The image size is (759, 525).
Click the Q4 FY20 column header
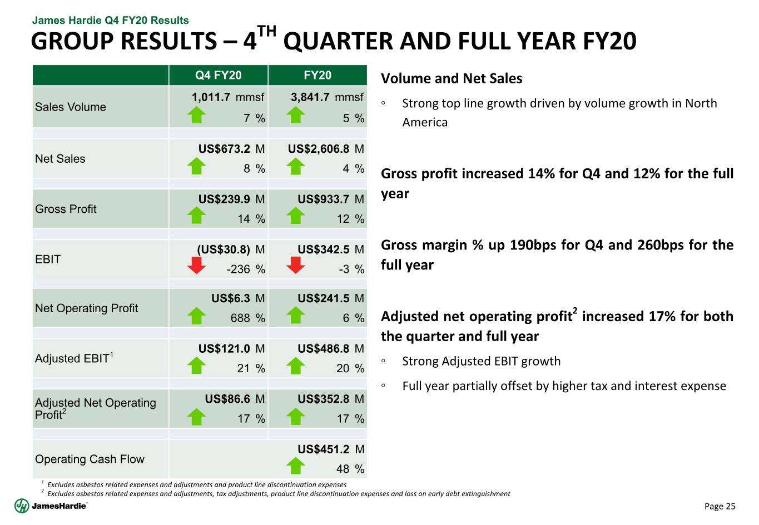[x=218, y=75]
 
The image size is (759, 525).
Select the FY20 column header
[x=318, y=75]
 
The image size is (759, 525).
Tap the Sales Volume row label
[x=71, y=107]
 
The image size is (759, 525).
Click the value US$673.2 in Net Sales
[x=224, y=149]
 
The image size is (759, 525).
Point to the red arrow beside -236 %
[x=197, y=266]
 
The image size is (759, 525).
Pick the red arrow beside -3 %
[x=296, y=266]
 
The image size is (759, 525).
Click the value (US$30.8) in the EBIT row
[x=224, y=249]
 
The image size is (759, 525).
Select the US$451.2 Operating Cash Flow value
[x=323, y=449]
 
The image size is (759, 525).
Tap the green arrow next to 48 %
[x=296, y=466]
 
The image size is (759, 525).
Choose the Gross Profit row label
[x=66, y=209]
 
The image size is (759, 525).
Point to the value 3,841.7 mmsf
[x=327, y=97]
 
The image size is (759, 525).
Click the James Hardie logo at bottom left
[x=51, y=506]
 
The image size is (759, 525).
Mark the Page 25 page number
[x=720, y=506]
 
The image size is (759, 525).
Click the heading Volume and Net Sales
[x=452, y=79]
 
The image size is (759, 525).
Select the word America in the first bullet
[x=425, y=122]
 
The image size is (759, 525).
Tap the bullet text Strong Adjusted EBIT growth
[x=482, y=361]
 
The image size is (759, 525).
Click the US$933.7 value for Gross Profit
[x=323, y=199]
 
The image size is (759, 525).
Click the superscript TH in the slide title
[x=267, y=31]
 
